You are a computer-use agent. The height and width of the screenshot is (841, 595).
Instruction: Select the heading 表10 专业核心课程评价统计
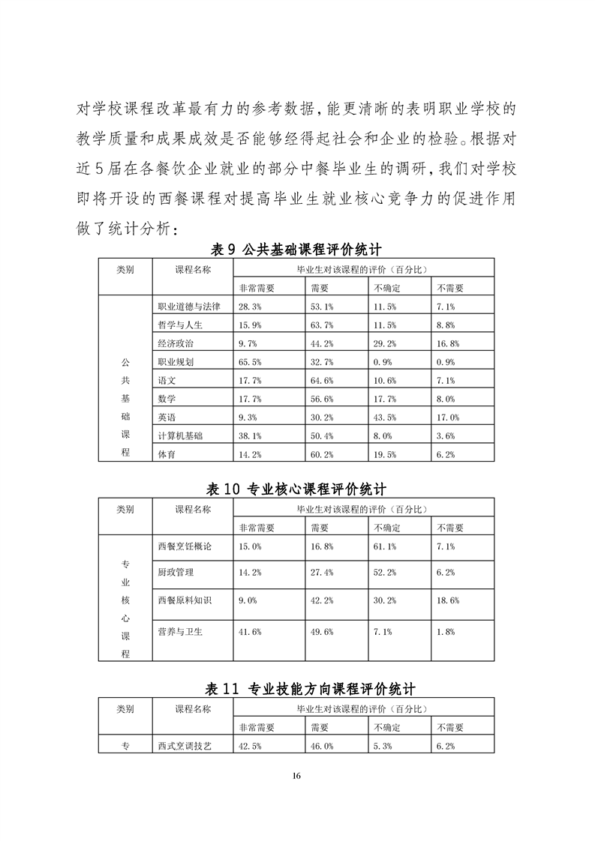[296, 489]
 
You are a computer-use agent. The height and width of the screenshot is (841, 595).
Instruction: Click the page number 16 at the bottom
[297, 776]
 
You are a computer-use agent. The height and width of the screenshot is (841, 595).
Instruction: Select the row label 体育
[167, 453]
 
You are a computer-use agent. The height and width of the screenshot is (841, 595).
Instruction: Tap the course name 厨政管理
[176, 573]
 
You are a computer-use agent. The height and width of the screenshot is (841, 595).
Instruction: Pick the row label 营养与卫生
[180, 632]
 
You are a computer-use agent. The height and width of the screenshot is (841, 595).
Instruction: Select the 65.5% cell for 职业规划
[250, 361]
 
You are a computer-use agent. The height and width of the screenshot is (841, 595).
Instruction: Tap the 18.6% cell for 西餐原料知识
[447, 600]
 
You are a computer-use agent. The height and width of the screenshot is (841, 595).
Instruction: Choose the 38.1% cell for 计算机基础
[250, 435]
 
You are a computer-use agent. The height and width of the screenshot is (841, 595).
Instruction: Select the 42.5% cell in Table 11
[250, 746]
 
